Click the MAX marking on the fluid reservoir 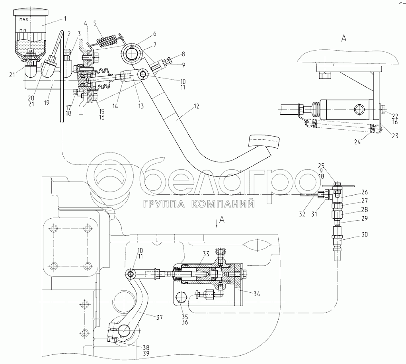coord(22,19)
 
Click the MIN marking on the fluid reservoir coord(21,30)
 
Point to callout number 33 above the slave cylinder coord(206,253)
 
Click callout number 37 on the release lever coord(159,317)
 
